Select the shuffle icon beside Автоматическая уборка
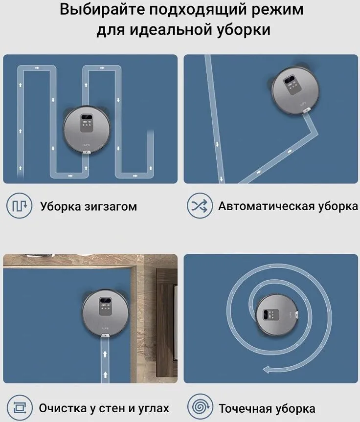(198, 206)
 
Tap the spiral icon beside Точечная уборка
(198, 408)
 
